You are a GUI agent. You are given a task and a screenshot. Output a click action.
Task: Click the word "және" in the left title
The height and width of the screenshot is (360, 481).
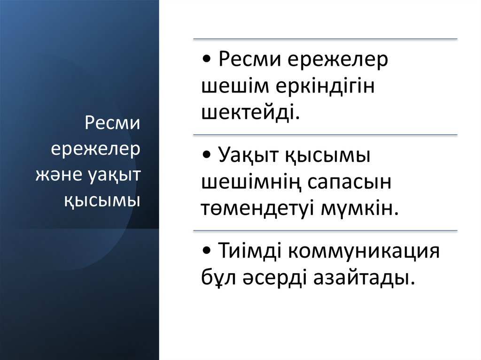tap(60, 176)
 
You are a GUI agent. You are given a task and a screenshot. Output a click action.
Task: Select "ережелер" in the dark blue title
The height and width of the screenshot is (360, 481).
tap(96, 150)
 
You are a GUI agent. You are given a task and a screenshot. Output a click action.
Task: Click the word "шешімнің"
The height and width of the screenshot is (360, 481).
tap(251, 182)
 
